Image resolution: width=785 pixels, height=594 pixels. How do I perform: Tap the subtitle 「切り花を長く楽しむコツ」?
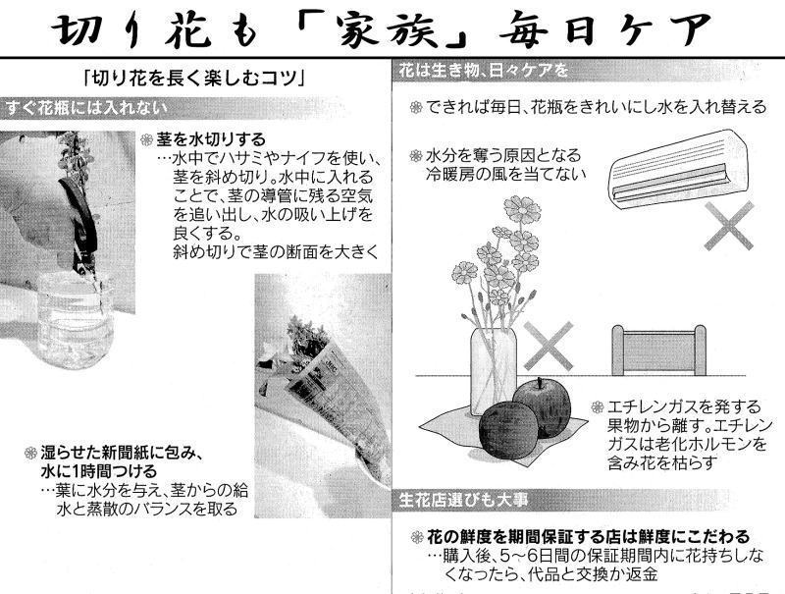pos(194,79)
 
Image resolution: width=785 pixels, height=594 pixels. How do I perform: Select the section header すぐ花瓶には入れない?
pos(85,108)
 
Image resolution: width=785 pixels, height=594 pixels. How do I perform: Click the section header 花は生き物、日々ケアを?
pos(484,71)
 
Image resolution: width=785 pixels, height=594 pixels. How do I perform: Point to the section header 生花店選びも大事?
pos(463,500)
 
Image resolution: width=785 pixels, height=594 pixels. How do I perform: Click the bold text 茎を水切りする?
pos(211,138)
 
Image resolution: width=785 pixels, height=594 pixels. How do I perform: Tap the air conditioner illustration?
pos(677,168)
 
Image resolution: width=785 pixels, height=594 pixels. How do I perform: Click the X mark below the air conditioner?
pos(728,226)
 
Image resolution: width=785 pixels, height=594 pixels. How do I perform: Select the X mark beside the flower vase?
pos(549,346)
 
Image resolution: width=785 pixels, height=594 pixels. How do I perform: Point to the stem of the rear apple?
pos(539,383)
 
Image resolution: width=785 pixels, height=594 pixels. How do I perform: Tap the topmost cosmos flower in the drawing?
pos(522,209)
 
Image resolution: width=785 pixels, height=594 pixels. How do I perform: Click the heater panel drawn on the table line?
pos(658,351)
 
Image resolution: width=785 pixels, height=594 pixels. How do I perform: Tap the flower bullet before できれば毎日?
pos(416,107)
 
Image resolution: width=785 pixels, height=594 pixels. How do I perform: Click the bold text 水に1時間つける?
pos(99,471)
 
